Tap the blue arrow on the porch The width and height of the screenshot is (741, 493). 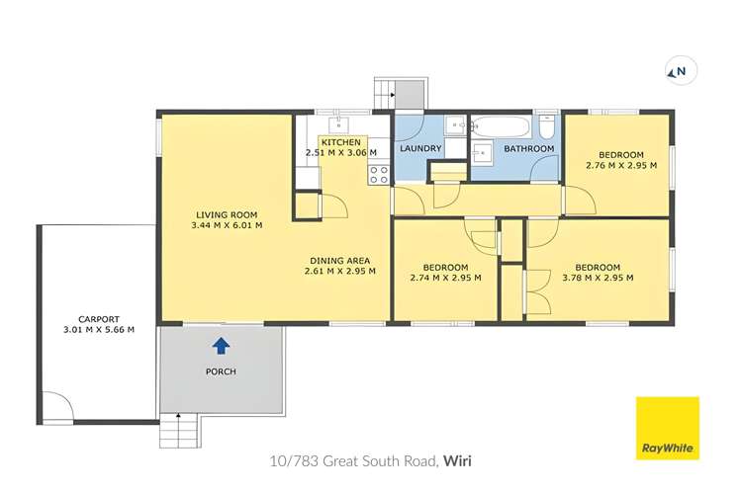221,346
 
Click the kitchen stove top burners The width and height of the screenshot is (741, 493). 378,174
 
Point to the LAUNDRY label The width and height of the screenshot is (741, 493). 419,149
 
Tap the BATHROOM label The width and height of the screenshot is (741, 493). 529,149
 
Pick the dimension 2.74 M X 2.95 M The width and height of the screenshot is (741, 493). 445,278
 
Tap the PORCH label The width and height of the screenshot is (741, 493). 221,371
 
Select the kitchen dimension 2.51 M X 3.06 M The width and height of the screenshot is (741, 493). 341,153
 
